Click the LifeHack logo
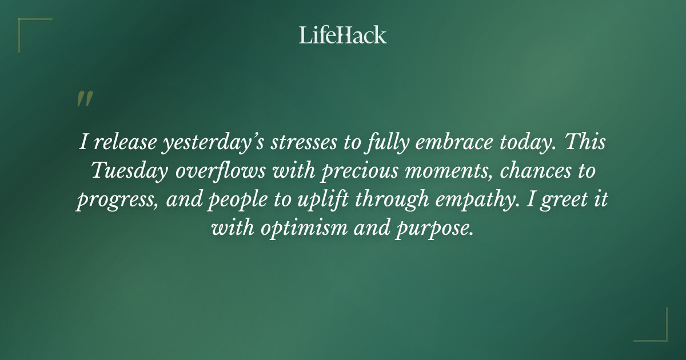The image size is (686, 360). coord(342,35)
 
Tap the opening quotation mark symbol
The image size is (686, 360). coord(84,99)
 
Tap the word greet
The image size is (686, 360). coord(565,201)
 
